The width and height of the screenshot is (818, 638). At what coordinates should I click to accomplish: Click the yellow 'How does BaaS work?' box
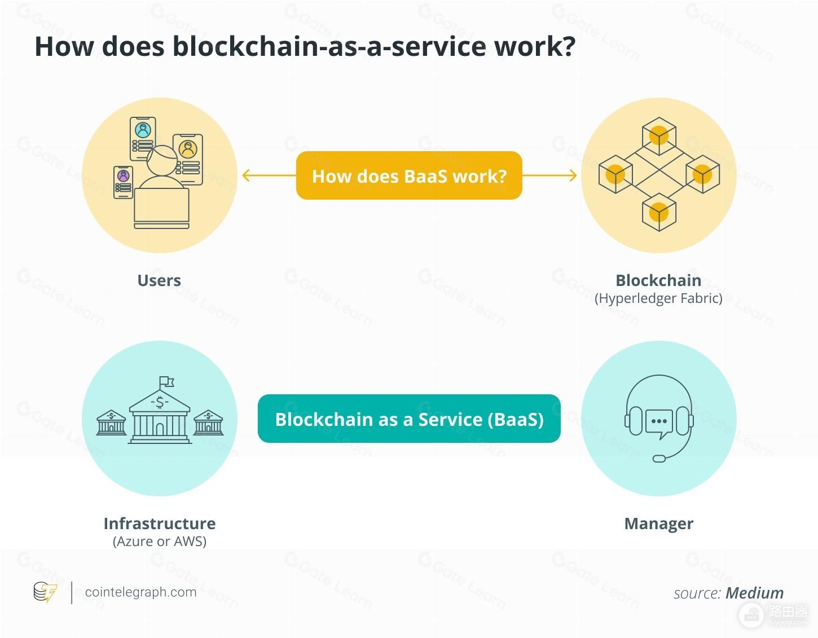tap(409, 175)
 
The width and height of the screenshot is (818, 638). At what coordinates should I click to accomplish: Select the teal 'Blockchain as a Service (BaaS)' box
tap(409, 419)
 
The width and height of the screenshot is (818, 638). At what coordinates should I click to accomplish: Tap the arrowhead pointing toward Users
tap(246, 175)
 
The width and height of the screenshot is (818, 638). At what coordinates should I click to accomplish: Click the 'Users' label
tap(159, 280)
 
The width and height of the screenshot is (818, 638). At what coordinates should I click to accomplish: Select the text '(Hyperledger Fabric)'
tap(658, 298)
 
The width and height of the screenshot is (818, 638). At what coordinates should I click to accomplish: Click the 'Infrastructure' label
tap(160, 523)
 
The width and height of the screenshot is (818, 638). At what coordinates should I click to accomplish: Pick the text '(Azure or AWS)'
tap(160, 542)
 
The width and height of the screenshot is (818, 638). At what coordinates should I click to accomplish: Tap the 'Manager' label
tap(659, 524)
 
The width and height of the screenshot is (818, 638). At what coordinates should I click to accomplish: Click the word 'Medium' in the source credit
tap(754, 593)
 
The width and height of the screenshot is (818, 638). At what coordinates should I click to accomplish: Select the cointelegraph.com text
tap(141, 592)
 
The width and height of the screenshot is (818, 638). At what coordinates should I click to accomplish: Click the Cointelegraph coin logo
tap(45, 592)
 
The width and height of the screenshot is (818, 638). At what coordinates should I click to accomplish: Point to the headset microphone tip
tap(659, 458)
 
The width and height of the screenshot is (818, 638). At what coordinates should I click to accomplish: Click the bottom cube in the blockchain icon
tap(659, 212)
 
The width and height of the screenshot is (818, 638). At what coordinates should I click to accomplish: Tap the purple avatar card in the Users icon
tap(123, 182)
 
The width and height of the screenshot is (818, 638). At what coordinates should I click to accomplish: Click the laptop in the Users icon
tap(161, 208)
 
